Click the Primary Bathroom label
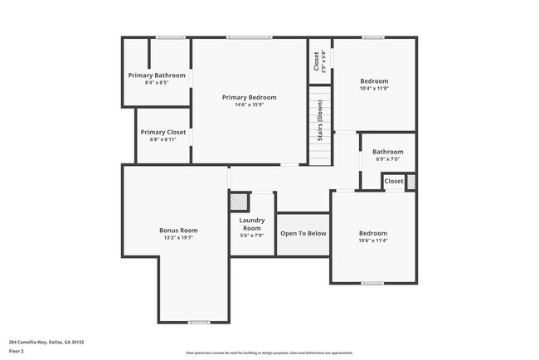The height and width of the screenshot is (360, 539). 157,75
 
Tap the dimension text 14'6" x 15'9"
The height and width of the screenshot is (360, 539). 249,105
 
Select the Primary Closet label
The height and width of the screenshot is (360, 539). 163,132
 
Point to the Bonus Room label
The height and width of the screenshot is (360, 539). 178,231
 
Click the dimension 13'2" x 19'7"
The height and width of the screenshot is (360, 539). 178,239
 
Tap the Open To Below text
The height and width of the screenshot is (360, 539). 303,233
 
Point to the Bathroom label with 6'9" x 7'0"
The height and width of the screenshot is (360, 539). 387,152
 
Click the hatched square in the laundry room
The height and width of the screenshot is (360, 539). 239,201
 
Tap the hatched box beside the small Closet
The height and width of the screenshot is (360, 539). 410,182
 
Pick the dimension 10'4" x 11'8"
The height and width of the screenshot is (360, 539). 373,89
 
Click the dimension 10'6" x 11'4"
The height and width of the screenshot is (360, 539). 373,241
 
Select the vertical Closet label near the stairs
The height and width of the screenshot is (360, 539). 316,61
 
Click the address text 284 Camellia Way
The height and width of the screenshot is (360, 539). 46,342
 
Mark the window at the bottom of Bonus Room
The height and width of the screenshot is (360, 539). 198,323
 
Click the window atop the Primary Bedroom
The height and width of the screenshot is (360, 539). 250,37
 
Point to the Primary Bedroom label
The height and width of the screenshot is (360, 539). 249,97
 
